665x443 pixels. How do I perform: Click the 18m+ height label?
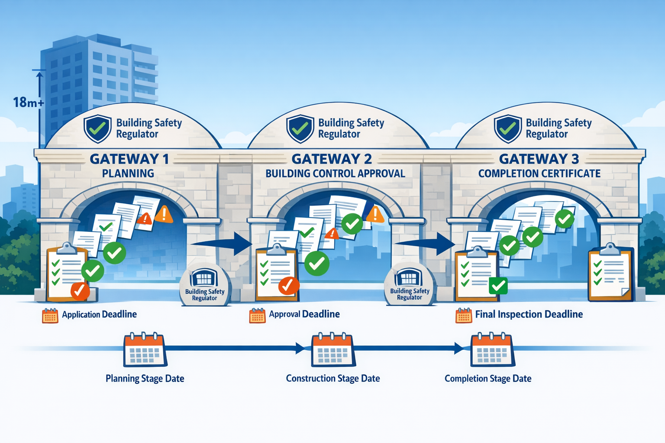pyautogui.click(x=28, y=103)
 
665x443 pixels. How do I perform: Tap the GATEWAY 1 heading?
pyautogui.click(x=129, y=159)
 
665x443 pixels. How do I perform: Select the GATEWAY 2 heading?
pyautogui.click(x=332, y=159)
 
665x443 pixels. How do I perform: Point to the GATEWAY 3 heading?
pyautogui.click(x=539, y=159)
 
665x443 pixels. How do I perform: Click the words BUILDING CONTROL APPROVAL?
pyautogui.click(x=335, y=173)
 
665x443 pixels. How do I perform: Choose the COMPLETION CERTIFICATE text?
pyautogui.click(x=539, y=173)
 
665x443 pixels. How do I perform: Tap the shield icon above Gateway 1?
pyautogui.click(x=97, y=128)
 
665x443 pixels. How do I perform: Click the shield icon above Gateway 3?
pyautogui.click(x=507, y=128)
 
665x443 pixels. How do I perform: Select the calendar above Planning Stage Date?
pyautogui.click(x=145, y=350)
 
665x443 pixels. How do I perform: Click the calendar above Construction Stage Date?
pyautogui.click(x=333, y=350)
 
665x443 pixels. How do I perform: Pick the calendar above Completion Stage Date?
pyautogui.click(x=492, y=350)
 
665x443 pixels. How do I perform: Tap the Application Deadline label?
pyautogui.click(x=99, y=315)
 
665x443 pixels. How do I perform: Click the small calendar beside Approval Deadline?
pyautogui.click(x=257, y=316)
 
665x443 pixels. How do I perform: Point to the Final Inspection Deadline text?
pyautogui.click(x=529, y=315)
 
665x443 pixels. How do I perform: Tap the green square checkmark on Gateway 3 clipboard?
pyautogui.click(x=498, y=286)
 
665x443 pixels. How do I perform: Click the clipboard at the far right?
pyautogui.click(x=610, y=273)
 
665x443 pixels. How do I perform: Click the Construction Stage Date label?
pyautogui.click(x=332, y=379)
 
